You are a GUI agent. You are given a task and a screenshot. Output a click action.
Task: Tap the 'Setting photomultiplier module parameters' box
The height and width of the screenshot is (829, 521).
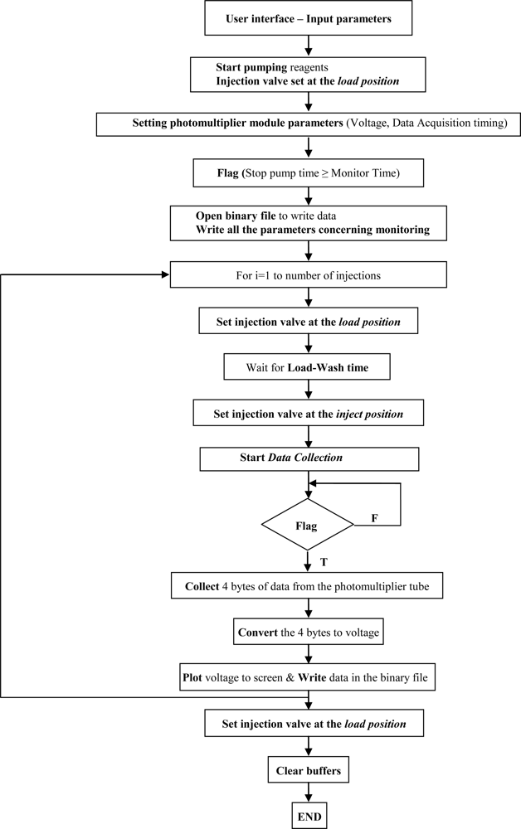[x=308, y=124]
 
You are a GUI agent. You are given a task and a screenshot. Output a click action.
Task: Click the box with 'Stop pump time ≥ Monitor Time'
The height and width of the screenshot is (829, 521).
[x=308, y=175]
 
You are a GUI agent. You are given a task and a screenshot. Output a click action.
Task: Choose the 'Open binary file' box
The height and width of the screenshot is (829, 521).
[x=308, y=222]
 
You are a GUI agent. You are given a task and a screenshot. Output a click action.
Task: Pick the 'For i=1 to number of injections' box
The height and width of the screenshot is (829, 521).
[x=308, y=274]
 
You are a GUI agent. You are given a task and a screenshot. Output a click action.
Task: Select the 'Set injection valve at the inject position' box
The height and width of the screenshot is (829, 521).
[x=308, y=412]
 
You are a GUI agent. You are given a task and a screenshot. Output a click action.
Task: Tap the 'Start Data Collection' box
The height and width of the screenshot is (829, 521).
[x=308, y=458]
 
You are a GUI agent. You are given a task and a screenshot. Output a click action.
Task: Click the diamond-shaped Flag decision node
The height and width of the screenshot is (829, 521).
[x=308, y=524]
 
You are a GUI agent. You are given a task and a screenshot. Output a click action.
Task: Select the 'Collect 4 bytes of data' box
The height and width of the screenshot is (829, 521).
[x=308, y=588]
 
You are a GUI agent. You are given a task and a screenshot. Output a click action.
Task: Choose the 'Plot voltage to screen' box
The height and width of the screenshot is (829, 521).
[x=308, y=676]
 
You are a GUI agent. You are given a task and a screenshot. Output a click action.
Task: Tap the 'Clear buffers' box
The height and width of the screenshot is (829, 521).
[x=308, y=771]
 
